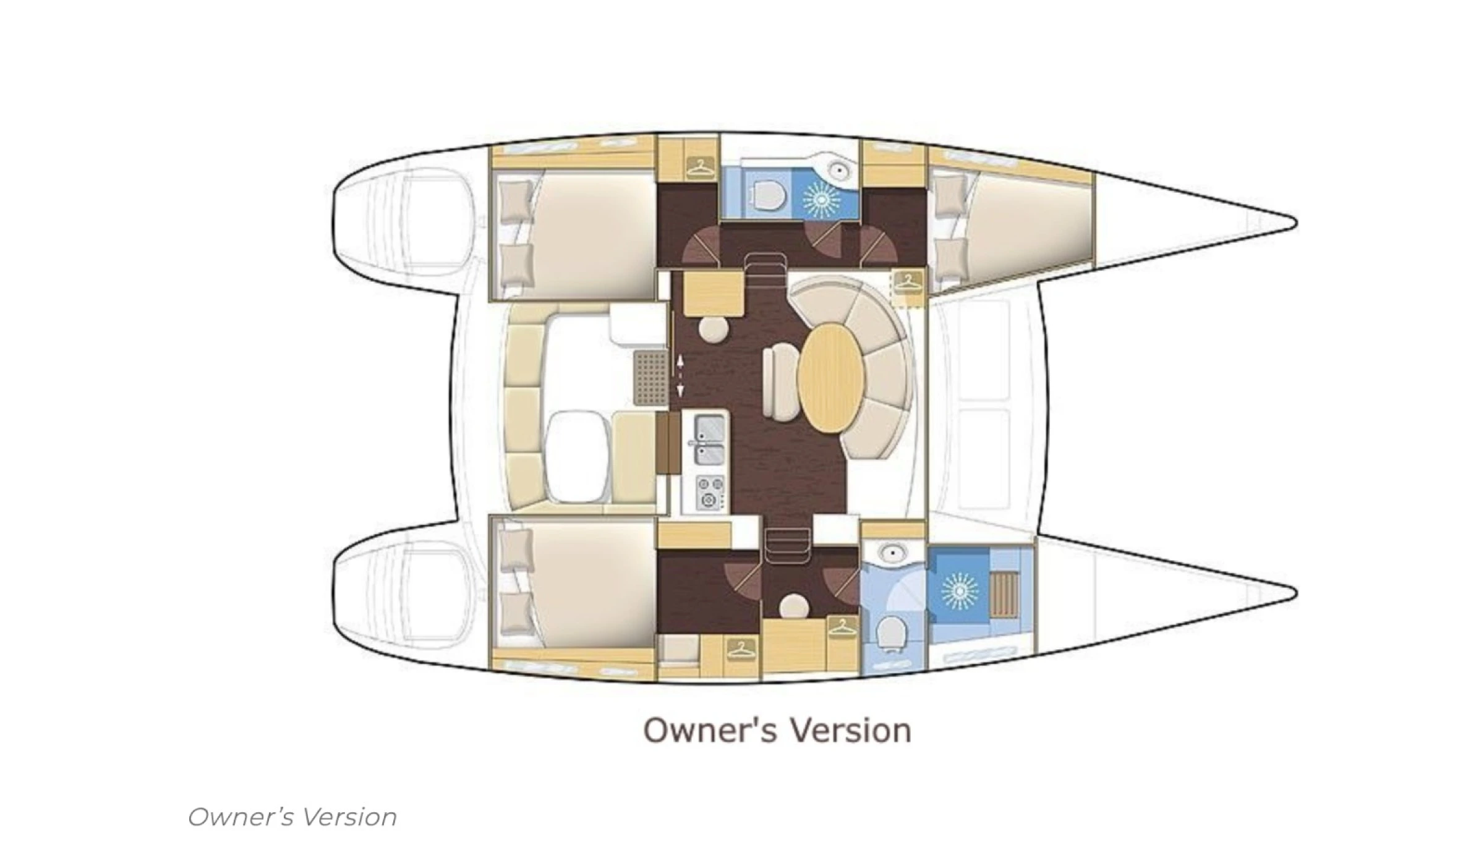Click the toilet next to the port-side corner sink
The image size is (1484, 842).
tap(768, 194)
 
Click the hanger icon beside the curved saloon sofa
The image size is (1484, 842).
tap(907, 283)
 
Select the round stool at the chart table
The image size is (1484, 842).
tap(714, 328)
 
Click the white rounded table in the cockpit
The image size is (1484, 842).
tap(576, 456)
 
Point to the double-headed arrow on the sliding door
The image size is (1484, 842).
tap(680, 375)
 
